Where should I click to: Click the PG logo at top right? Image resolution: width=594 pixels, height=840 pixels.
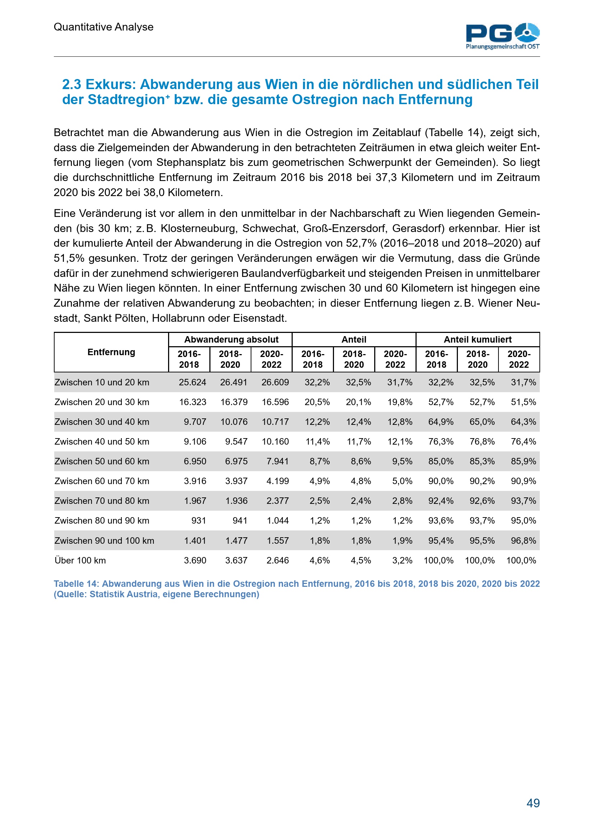tap(502, 36)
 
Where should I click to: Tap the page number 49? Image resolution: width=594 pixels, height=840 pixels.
tap(533, 803)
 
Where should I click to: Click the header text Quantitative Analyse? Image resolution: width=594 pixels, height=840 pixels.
tap(103, 27)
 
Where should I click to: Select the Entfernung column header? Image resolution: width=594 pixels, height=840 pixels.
tap(111, 352)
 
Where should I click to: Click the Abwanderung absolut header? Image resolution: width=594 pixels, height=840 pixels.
tap(231, 339)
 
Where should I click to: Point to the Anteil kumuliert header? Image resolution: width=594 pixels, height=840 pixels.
tap(477, 339)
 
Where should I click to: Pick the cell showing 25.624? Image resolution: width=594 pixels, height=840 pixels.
tap(192, 382)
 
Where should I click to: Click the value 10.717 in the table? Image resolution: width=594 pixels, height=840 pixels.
tap(275, 422)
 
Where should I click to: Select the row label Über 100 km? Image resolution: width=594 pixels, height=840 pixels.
tap(80, 560)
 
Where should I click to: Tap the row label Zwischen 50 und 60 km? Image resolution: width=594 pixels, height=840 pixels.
tap(102, 461)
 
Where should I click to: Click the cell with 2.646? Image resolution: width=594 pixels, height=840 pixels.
tap(277, 560)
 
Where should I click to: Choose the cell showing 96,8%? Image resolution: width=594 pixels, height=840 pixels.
tap(523, 540)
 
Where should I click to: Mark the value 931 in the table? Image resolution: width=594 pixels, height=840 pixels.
tap(199, 521)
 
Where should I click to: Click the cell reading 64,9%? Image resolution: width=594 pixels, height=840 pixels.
tap(441, 422)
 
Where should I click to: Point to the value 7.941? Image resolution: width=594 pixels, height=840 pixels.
tap(277, 461)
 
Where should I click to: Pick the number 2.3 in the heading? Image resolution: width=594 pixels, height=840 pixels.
tap(72, 84)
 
